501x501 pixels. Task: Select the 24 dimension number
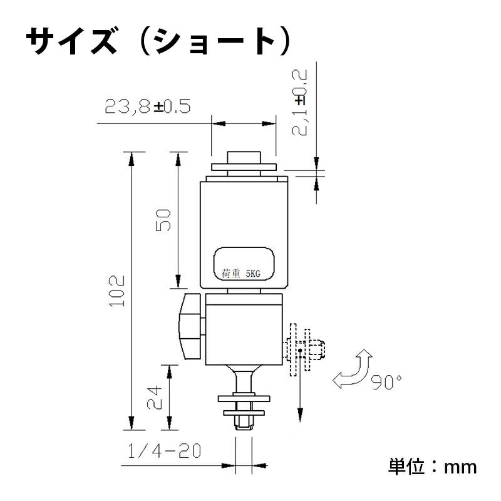155,397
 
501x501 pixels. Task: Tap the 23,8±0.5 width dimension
147,107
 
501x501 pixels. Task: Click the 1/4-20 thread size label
163,451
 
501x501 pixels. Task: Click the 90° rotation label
385,382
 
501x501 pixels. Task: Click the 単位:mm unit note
432,466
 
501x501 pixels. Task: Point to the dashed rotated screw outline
305,351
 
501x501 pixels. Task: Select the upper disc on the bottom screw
244,398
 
